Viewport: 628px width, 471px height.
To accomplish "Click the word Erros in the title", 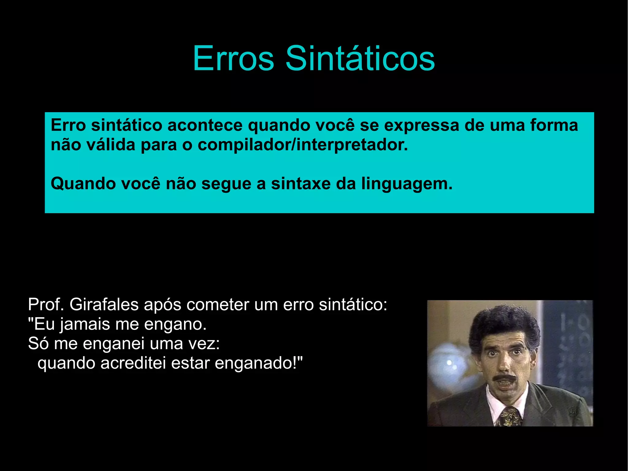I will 233,58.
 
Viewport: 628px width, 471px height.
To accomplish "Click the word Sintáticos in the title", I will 360,58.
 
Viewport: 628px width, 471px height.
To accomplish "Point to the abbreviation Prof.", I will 46,305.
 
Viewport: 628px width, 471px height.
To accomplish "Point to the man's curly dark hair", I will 503,325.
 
